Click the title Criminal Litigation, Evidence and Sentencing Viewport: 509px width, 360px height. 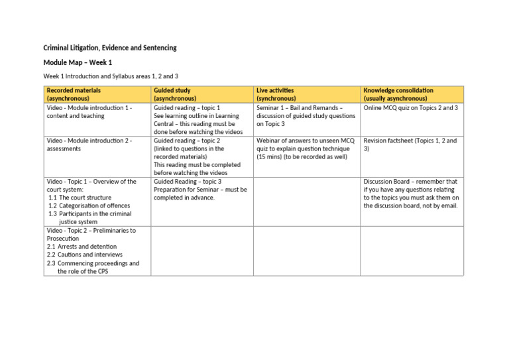110,48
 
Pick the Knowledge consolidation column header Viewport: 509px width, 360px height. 398,94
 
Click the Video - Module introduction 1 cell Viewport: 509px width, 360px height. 89,111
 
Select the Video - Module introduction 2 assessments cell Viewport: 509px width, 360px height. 89,145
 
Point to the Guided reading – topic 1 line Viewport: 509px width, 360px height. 187,107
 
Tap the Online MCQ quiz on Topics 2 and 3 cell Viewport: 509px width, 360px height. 410,107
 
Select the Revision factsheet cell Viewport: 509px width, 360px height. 410,145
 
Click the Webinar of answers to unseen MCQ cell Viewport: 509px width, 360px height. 305,149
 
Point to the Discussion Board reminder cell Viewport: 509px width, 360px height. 411,193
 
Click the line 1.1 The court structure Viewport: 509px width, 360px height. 80,198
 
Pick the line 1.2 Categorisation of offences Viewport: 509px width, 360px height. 90,206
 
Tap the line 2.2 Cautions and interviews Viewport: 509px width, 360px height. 85,255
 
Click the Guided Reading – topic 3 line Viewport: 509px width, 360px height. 188,181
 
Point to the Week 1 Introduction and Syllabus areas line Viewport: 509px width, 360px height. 111,76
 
